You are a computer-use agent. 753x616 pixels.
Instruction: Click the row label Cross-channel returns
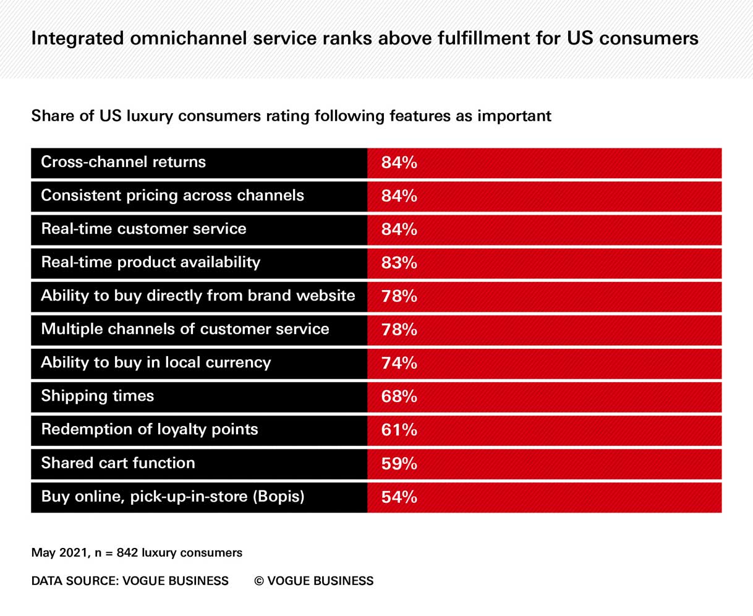tap(123, 162)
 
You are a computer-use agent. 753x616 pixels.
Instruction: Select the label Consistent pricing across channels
tap(172, 195)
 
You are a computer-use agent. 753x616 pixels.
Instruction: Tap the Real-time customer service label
tap(143, 229)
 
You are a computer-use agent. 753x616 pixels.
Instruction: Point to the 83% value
tap(399, 263)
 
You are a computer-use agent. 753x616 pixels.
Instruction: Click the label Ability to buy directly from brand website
tap(198, 296)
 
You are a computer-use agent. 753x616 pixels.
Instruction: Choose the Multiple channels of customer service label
tap(185, 329)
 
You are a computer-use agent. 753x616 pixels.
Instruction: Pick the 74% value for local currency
tap(399, 363)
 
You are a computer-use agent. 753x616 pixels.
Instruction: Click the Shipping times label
tap(97, 396)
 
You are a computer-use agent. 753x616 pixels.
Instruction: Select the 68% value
tap(399, 396)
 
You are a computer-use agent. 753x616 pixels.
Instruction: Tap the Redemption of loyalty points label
tap(149, 429)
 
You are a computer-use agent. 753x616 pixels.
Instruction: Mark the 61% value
tap(399, 430)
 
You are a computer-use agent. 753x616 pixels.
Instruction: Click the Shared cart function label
tap(117, 463)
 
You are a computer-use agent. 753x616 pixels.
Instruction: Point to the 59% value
tap(399, 463)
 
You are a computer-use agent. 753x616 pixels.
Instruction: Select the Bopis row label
tap(172, 497)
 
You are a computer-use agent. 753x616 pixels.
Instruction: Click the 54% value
tap(399, 497)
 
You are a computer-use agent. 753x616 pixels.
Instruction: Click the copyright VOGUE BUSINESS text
tap(314, 581)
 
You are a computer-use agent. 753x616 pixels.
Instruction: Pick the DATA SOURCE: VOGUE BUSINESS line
tap(130, 581)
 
